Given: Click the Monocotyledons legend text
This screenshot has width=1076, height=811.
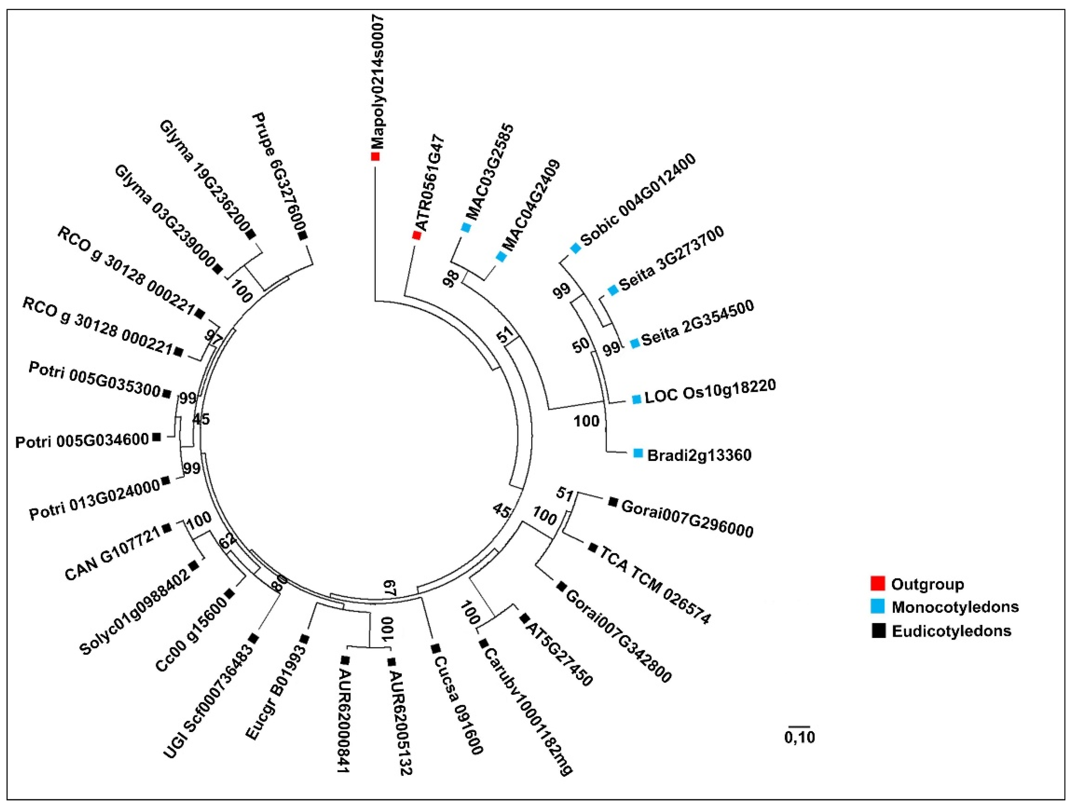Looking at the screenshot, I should coord(955,607).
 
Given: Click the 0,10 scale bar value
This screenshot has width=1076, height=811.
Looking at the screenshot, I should coord(799,737).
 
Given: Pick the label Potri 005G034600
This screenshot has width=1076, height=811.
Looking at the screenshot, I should coord(82,441).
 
